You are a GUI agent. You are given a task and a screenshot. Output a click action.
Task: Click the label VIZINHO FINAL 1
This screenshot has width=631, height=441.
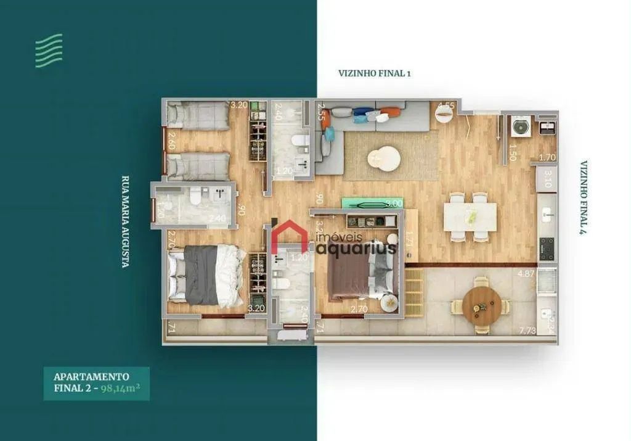pyautogui.click(x=374, y=73)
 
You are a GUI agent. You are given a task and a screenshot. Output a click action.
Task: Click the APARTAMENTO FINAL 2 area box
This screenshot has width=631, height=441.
pyautogui.click(x=96, y=383)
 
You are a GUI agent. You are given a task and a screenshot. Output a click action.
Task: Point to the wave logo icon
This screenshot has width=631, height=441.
pyautogui.click(x=49, y=50)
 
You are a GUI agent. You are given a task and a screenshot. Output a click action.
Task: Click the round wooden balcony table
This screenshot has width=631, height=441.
pyautogui.click(x=482, y=305)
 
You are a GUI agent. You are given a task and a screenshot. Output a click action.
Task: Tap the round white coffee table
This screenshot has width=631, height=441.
pyautogui.click(x=383, y=157)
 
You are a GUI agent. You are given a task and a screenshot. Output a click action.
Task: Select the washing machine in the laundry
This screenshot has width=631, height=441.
pyautogui.click(x=521, y=127)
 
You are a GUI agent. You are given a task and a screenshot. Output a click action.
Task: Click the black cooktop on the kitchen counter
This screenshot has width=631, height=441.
pyautogui.click(x=547, y=247)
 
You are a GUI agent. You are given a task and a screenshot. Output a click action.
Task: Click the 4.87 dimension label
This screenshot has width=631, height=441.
pyautogui.click(x=526, y=273)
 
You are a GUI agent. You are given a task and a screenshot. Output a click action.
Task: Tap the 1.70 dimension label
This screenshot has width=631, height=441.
pyautogui.click(x=547, y=157)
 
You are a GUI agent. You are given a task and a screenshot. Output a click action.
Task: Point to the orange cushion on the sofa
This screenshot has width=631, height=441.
pyautogui.click(x=391, y=112)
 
